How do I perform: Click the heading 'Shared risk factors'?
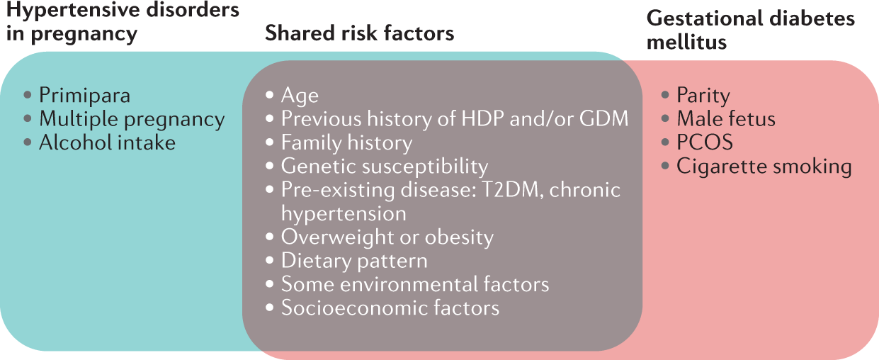[359, 33]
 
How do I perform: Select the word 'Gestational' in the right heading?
[705, 18]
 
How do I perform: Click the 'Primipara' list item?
[84, 96]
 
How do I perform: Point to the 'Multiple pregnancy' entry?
[132, 120]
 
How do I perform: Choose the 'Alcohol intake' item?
[107, 142]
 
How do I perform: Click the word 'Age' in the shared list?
[300, 96]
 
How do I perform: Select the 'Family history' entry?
[347, 143]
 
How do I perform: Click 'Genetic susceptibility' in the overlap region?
[385, 167]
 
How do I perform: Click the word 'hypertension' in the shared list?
[344, 214]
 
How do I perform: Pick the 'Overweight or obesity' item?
[387, 237]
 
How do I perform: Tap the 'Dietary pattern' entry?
[354, 261]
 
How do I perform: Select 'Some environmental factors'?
[415, 284]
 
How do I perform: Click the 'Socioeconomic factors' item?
[390, 308]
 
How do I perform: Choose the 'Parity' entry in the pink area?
[703, 96]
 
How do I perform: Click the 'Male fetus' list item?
[726, 118]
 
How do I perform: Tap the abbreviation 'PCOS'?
[705, 142]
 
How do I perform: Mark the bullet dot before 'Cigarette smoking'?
[665, 166]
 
